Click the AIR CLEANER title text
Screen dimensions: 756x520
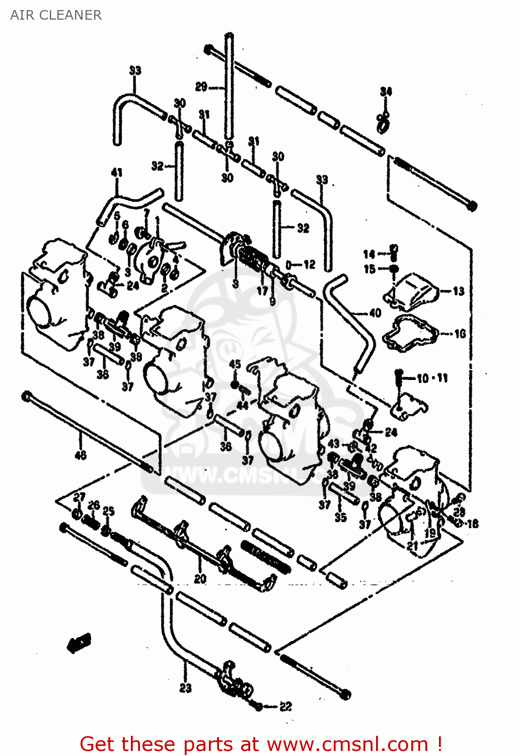pos(56,15)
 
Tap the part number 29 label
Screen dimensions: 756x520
pos(201,87)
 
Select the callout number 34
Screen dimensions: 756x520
pos(386,91)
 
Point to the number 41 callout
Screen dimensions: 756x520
pos(116,172)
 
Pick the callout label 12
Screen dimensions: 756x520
pos(309,264)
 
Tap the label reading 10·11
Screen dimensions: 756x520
pos(432,378)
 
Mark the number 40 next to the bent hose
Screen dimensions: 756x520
pos(375,313)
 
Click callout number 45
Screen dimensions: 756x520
pos(235,364)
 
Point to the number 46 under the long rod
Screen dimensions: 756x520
pos(81,455)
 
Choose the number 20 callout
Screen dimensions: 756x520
pos(200,579)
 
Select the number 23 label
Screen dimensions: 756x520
pos(185,687)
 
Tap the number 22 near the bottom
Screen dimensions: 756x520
pos(285,707)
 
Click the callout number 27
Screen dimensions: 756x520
pos(79,497)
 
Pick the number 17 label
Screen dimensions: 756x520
pos(262,291)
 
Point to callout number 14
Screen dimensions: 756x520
pos(369,254)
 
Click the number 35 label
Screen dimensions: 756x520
pos(340,517)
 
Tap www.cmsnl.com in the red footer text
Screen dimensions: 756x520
pos(347,744)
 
